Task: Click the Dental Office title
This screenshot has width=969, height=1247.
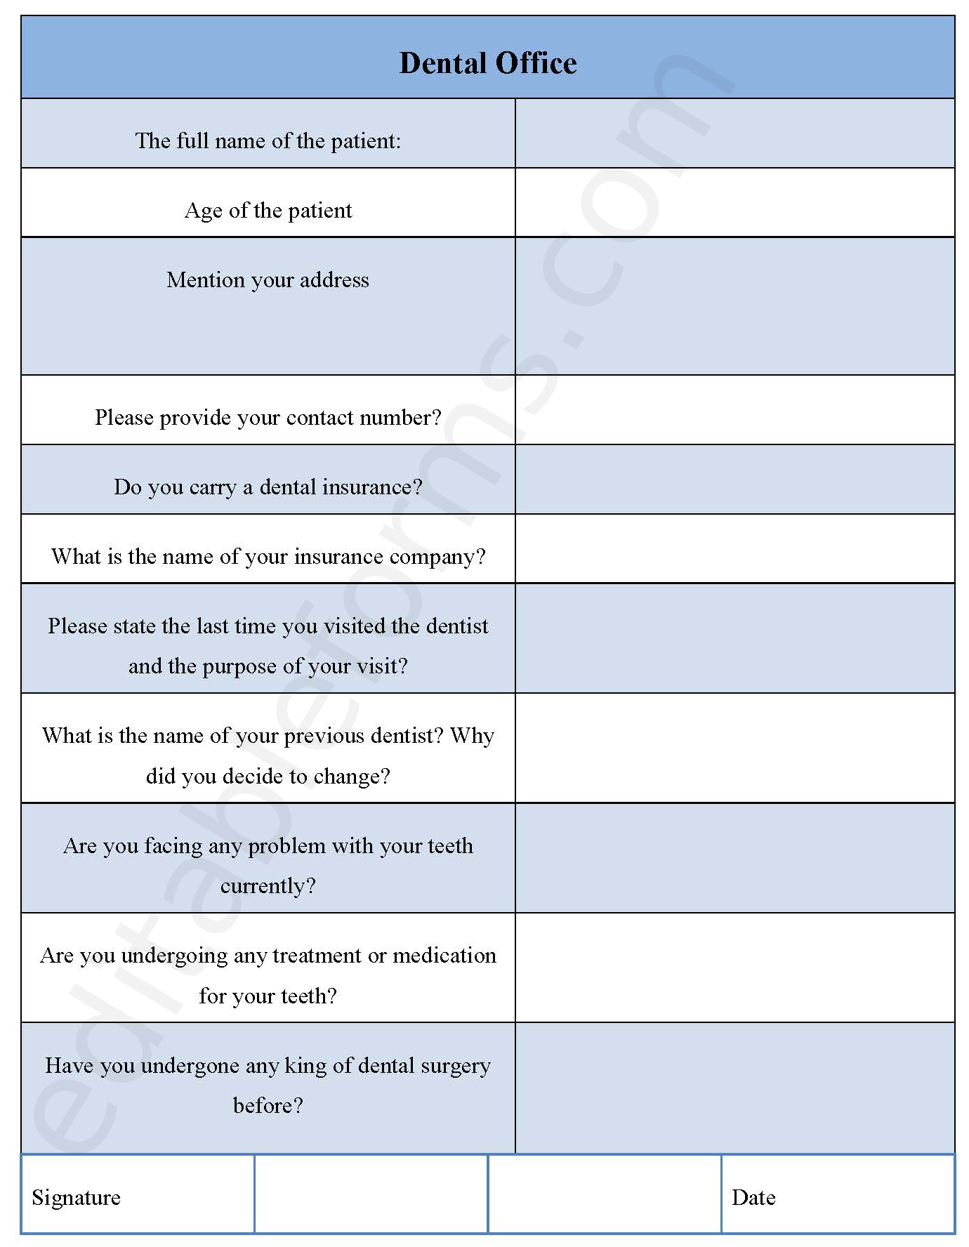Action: (487, 63)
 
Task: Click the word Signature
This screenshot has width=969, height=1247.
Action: (76, 1197)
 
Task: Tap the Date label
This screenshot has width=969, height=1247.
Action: (753, 1197)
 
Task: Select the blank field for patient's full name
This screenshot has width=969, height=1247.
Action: (734, 133)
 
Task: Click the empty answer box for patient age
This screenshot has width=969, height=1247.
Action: (734, 203)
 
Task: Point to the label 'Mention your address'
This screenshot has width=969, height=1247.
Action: (268, 280)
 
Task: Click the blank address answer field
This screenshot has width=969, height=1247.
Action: (734, 306)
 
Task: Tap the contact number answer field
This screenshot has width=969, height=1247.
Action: (734, 410)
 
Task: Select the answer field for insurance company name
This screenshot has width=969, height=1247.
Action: (734, 548)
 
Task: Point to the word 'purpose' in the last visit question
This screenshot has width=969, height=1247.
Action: (239, 666)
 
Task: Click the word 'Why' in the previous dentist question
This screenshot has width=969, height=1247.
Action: (472, 736)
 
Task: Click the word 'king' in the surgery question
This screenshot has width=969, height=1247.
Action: (305, 1066)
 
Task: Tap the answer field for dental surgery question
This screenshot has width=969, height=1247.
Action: (734, 1087)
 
